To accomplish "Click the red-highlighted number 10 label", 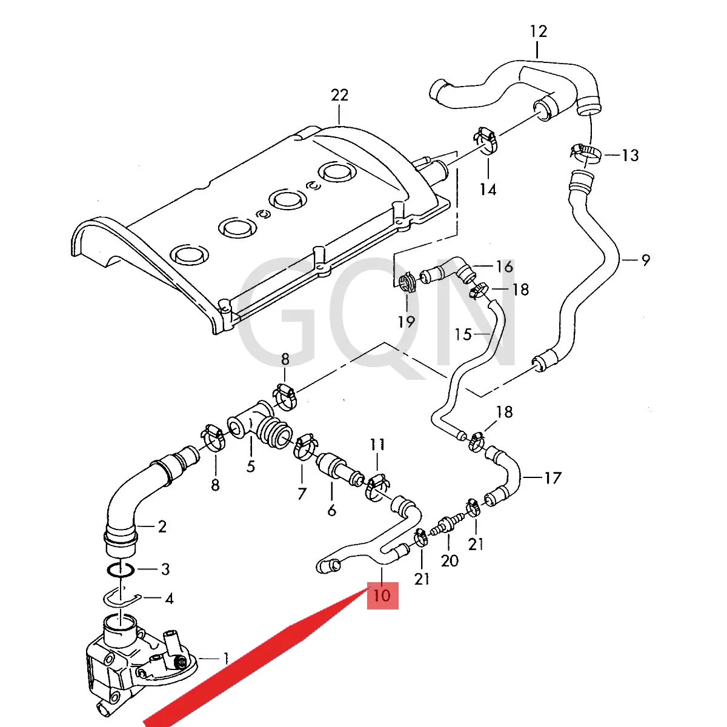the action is click(382, 596).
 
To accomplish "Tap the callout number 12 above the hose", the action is click(539, 31).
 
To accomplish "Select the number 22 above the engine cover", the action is click(339, 95).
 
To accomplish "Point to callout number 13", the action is click(630, 155).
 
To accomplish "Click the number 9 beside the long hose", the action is click(646, 261).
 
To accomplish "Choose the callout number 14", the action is click(488, 189).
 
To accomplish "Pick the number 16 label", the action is click(505, 267).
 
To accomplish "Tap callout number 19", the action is click(407, 322).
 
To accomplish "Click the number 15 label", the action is click(463, 334).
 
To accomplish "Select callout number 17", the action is click(553, 478).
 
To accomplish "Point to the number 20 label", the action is click(450, 560).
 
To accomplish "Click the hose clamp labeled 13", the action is click(585, 154).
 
